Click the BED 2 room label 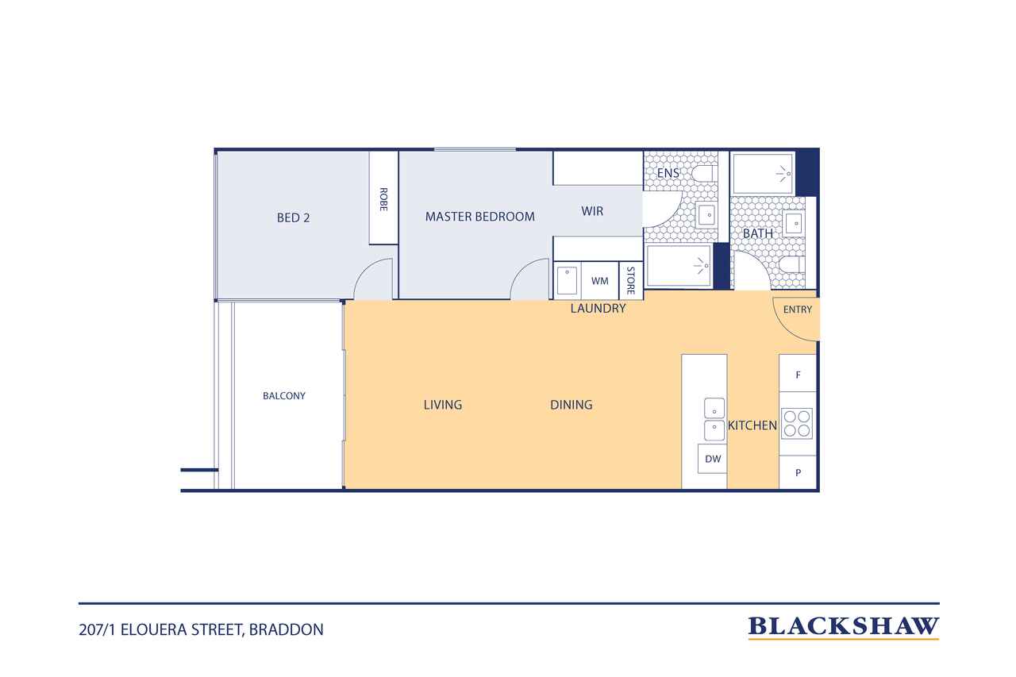293,218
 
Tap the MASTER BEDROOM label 480,217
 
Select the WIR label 592,211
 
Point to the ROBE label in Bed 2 383,199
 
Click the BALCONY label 284,396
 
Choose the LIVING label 443,405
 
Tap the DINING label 571,405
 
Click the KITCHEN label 752,425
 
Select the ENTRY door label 798,310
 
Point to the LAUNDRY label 598,309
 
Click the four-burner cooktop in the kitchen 797,424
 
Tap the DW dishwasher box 713,459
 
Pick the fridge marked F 798,374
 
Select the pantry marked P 798,473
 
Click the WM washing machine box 599,281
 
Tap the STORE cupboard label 630,281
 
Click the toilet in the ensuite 704,173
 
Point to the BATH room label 758,233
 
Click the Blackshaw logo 844,628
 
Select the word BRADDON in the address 287,630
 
